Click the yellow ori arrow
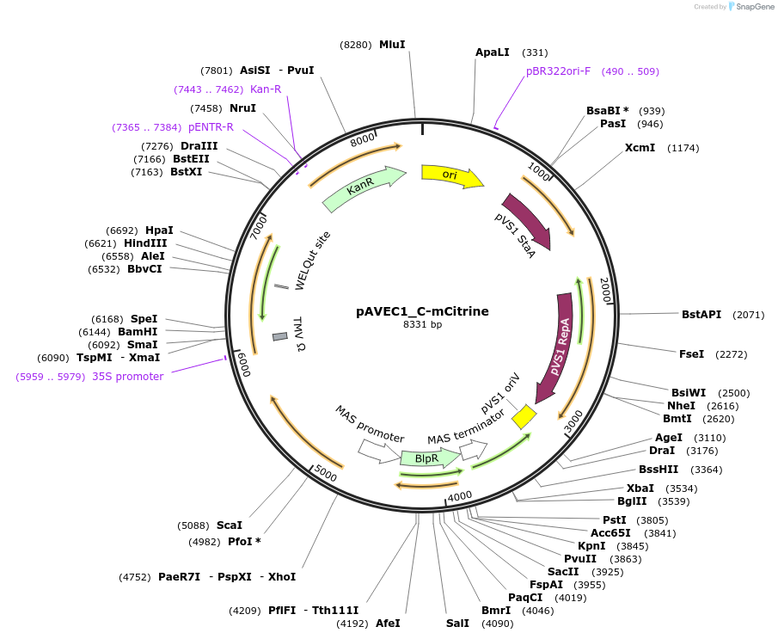(x=450, y=175)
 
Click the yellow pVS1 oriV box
(x=524, y=417)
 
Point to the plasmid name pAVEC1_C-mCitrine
(x=422, y=311)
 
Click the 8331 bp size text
(x=422, y=325)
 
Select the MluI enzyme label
(x=392, y=44)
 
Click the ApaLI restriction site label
(x=493, y=52)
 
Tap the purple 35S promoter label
(x=127, y=377)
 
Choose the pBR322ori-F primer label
(x=559, y=71)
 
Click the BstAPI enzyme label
(x=701, y=315)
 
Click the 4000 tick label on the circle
(x=460, y=496)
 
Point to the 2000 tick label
(x=604, y=290)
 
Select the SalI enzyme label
(x=458, y=623)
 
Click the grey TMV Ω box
(x=279, y=336)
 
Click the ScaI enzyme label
(x=230, y=525)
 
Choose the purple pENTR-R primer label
(x=211, y=127)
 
